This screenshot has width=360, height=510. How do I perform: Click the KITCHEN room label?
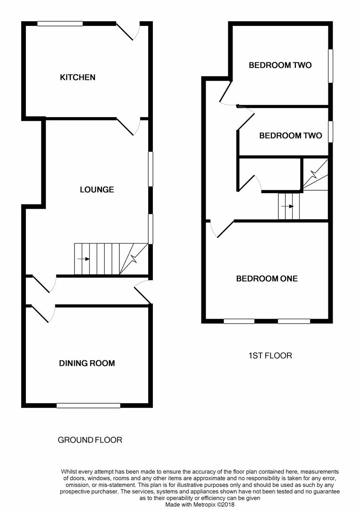78,77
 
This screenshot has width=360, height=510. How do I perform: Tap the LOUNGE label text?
97,190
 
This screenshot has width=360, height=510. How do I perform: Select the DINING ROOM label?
87,363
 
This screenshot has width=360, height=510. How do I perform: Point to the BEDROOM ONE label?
267,279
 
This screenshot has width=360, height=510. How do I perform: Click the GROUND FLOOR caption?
90,440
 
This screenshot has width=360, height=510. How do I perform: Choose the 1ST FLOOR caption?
270,356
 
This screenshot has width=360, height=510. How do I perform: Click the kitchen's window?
60,24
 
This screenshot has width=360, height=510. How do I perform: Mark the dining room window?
88,405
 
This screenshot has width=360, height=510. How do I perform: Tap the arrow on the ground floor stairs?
84,259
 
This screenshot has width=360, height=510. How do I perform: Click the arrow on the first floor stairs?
287,206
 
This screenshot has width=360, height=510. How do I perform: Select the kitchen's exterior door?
128,31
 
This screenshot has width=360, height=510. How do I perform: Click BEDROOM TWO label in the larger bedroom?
280,65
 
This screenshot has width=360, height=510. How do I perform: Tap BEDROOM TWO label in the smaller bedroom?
291,136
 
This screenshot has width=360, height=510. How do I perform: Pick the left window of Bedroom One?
239,322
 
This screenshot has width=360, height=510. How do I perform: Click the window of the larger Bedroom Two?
330,66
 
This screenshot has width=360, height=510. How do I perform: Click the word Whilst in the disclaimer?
68,472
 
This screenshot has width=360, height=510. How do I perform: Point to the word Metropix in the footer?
206,505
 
